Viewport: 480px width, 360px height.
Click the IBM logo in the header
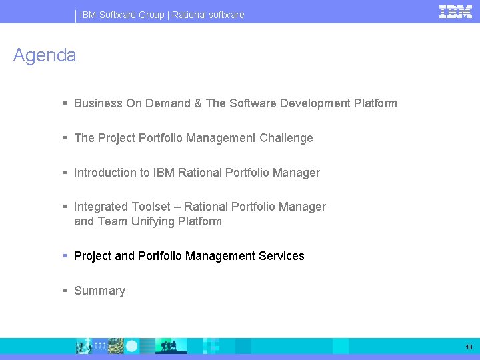455,11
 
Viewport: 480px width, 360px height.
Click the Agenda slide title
45,55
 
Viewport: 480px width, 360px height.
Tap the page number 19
469,347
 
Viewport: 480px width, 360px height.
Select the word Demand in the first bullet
168,103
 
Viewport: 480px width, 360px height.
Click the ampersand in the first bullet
198,103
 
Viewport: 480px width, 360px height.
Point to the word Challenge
286,138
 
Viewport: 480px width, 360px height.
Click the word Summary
99,291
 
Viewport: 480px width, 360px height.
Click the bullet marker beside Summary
65,291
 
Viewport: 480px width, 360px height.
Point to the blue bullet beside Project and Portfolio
65,256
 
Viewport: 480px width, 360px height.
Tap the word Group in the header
151,15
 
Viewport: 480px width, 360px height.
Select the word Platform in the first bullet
375,103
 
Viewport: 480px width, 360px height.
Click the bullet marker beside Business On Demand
65,103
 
